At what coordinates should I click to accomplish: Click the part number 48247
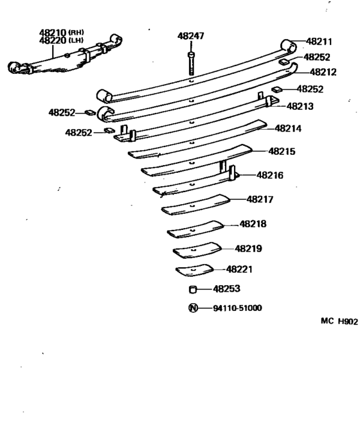(x=191, y=37)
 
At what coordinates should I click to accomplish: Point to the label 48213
(x=300, y=107)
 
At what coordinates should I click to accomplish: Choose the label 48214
(x=289, y=128)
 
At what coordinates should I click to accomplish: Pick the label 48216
(x=270, y=175)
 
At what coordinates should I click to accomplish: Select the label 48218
(x=253, y=224)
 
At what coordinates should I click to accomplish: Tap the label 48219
(x=248, y=249)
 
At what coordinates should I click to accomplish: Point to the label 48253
(x=227, y=290)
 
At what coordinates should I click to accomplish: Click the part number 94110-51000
(x=237, y=308)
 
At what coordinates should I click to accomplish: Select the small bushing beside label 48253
(x=192, y=290)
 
